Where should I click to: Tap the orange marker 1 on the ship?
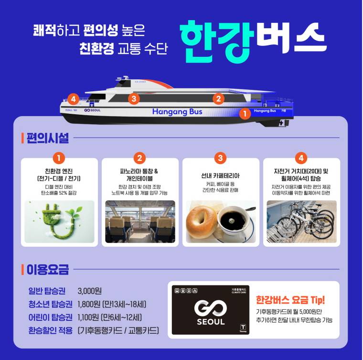coord(245,114)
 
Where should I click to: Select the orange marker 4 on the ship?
coord(73,99)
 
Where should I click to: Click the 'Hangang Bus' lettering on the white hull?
coord(177,112)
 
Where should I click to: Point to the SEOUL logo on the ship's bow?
coord(92,110)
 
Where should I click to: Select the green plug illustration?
coord(60,220)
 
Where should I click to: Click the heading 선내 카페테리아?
coord(221,175)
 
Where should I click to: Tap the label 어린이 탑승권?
coord(50,317)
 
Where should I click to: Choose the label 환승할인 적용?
coord(50,330)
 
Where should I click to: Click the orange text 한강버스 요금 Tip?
coord(290,300)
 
